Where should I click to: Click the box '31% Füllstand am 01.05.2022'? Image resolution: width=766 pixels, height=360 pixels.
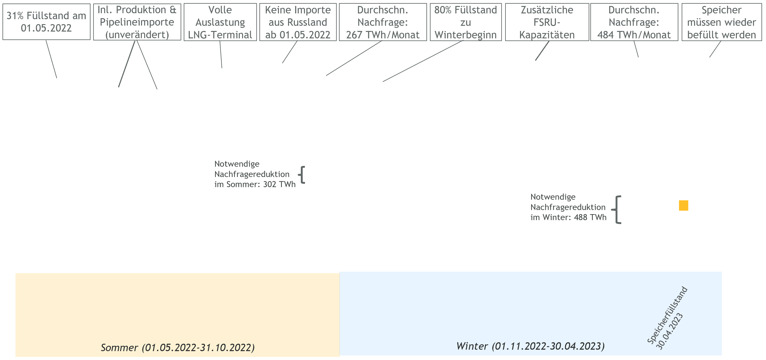coord(46,22)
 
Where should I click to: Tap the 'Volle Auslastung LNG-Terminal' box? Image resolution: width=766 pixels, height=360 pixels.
coord(220,22)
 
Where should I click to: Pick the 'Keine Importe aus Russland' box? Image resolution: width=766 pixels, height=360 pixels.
coord(298,22)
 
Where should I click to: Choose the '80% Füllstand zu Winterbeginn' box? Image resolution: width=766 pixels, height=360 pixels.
coord(466,22)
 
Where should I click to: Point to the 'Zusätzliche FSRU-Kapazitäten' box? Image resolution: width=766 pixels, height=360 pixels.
coord(547,22)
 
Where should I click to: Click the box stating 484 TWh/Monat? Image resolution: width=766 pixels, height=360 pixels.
coord(634,22)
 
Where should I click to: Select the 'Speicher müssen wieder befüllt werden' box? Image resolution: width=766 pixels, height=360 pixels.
coord(722,22)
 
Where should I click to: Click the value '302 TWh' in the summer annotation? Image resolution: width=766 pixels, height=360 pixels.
coord(279,184)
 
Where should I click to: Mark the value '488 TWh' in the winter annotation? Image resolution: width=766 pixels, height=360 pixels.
coord(590,217)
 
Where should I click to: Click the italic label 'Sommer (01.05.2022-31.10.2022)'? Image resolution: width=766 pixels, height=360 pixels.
coord(178,347)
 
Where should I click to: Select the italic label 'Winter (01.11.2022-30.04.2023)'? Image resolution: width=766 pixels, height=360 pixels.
coord(531,346)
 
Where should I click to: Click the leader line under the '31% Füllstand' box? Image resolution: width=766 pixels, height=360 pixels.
coord(51,59)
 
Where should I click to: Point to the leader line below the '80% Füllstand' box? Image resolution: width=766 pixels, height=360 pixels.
coord(423,61)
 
